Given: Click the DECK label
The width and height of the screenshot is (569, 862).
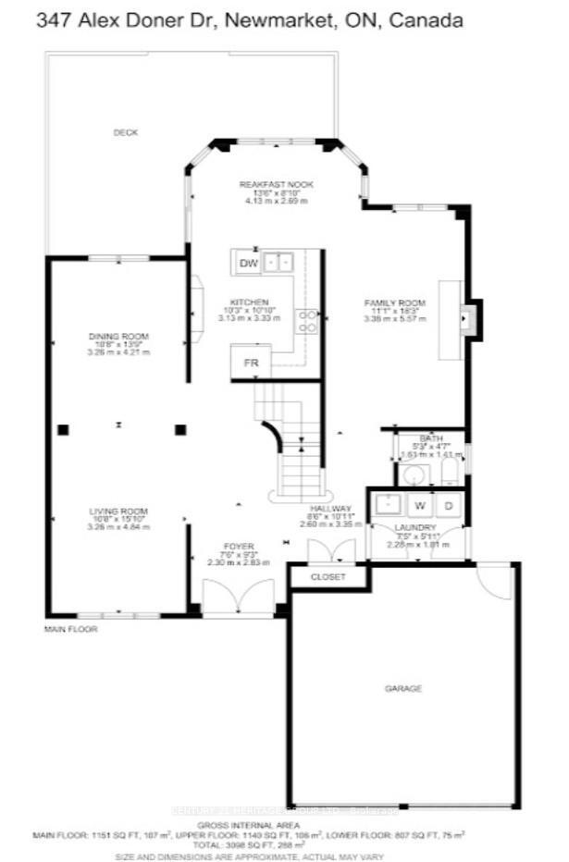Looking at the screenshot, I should tap(125, 132).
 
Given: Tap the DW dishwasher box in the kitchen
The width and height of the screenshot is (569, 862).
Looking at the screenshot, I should tap(247, 264).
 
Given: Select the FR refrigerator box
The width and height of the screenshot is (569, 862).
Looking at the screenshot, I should tap(250, 363).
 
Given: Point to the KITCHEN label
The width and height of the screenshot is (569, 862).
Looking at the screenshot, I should tap(250, 302).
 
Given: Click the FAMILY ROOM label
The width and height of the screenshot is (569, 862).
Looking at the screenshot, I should tap(394, 303).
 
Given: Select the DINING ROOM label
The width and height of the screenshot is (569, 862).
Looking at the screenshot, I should tap(118, 336).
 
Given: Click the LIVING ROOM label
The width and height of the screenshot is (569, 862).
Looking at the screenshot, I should tap(118, 511).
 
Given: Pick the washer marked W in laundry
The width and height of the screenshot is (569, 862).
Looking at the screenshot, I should tap(419, 505).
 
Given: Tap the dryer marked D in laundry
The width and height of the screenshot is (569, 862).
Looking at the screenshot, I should tap(448, 505).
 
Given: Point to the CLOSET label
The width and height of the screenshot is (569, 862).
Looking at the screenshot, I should tap(328, 577).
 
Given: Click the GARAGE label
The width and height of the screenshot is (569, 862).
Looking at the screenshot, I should tap(403, 688).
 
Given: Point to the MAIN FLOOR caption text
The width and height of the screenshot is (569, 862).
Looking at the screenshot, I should tap(70, 629).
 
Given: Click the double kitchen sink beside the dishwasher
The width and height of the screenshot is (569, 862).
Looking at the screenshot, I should tap(278, 264).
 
